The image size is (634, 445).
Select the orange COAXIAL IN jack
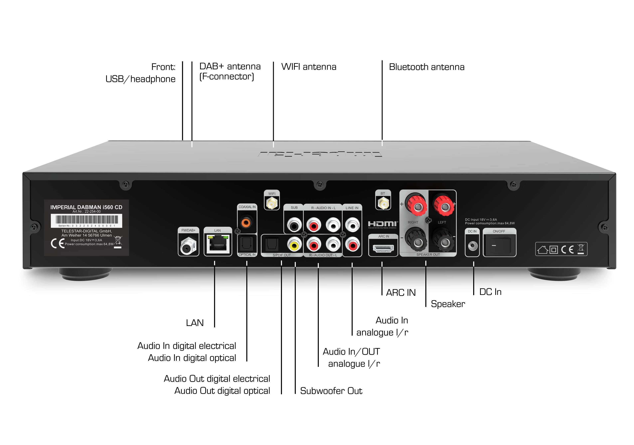click(x=246, y=222)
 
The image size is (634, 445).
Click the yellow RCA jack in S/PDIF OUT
click(x=294, y=244)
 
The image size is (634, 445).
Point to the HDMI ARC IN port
click(x=383, y=248)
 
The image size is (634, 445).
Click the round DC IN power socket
click(x=472, y=245)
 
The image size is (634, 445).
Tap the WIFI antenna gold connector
click(x=272, y=204)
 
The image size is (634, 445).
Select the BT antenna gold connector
click(x=383, y=204)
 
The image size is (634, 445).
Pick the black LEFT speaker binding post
click(x=444, y=242)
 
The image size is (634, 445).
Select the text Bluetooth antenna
click(x=427, y=67)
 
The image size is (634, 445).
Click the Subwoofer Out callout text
click(x=331, y=391)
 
